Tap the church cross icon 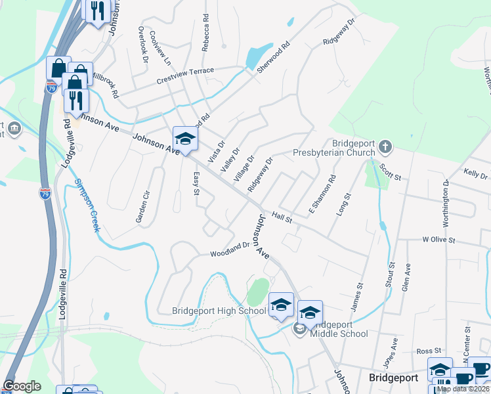(x=385, y=146)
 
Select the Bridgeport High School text (x=219, y=311)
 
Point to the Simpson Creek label (x=87, y=205)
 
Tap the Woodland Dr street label (x=230, y=251)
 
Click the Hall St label (x=282, y=216)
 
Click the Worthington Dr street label (x=446, y=204)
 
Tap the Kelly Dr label (x=475, y=174)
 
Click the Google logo (x=22, y=386)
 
